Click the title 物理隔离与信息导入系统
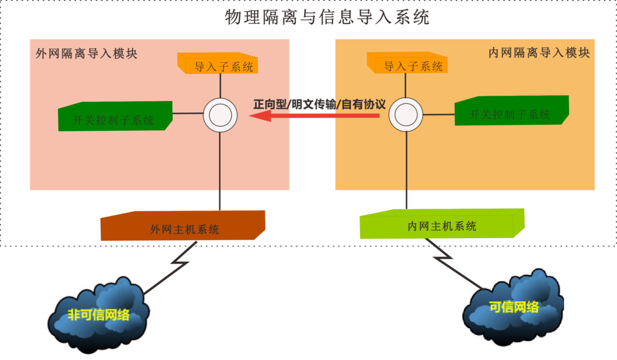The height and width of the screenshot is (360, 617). (327, 18)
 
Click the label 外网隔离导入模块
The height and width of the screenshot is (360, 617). (86, 54)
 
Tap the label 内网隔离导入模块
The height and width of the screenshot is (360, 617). (539, 53)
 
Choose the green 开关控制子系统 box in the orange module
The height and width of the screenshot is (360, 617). (511, 111)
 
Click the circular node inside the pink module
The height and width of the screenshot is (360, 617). (220, 114)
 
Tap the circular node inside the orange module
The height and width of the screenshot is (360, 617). (405, 114)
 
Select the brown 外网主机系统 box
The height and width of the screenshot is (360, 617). (183, 227)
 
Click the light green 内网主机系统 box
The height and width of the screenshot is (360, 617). (442, 225)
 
